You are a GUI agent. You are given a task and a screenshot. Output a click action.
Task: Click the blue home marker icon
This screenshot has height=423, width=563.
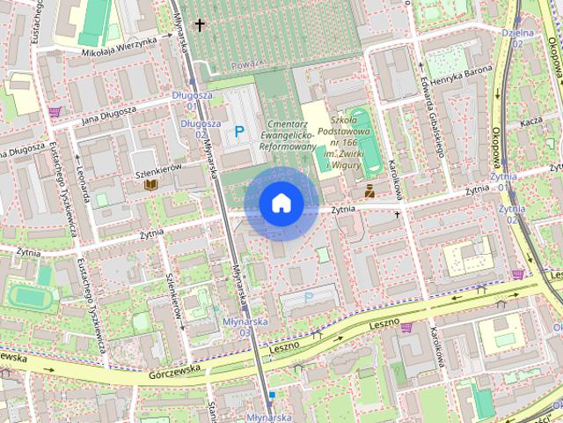click(x=281, y=204)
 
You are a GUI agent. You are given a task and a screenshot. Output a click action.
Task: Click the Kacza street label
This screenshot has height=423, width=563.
click(x=530, y=122)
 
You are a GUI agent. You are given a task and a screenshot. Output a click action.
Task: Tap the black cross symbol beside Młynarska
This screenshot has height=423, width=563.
click(x=200, y=25)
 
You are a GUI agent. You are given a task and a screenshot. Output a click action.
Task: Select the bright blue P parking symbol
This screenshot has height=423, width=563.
click(x=239, y=131)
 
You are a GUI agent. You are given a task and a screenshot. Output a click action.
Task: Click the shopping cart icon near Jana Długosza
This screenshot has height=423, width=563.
click(x=55, y=111)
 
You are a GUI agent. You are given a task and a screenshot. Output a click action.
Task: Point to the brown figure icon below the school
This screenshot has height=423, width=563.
click(x=369, y=189)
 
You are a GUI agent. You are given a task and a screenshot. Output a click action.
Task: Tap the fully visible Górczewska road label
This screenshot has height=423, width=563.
click(x=169, y=368)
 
